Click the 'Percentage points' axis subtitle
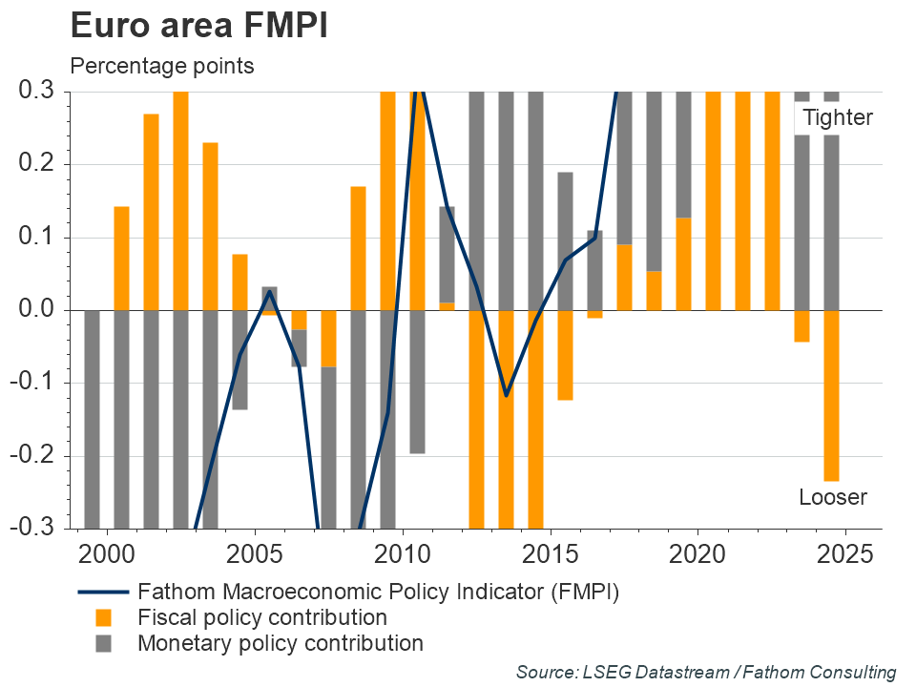[x=161, y=67]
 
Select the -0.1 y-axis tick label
[x=37, y=384]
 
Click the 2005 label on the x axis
[x=255, y=554]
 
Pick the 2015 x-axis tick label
[x=550, y=554]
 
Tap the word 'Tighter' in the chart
[x=837, y=118]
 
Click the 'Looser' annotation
[x=832, y=497]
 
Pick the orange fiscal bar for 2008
[x=358, y=248]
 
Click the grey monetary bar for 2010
[x=417, y=382]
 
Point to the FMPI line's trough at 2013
[x=506, y=395]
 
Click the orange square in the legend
[x=103, y=618]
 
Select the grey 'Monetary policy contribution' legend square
[x=103, y=644]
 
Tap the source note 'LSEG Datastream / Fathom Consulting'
[x=705, y=673]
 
